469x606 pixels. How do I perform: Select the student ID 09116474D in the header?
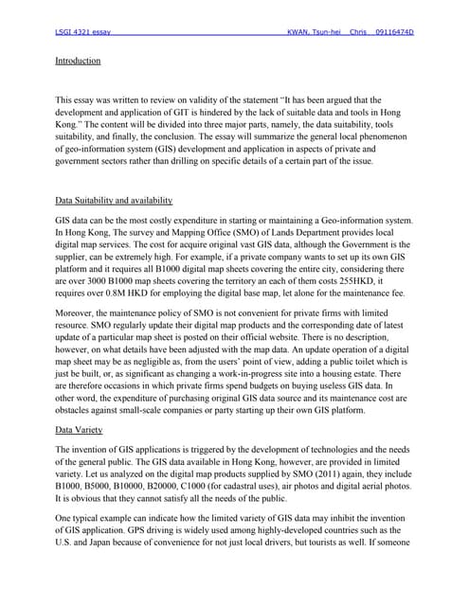tap(395, 32)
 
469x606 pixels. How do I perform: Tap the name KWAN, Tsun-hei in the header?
tap(317, 32)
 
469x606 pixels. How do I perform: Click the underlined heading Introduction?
tap(78, 61)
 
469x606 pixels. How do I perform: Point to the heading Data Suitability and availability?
tap(114, 201)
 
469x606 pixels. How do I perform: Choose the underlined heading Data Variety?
tap(81, 428)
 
